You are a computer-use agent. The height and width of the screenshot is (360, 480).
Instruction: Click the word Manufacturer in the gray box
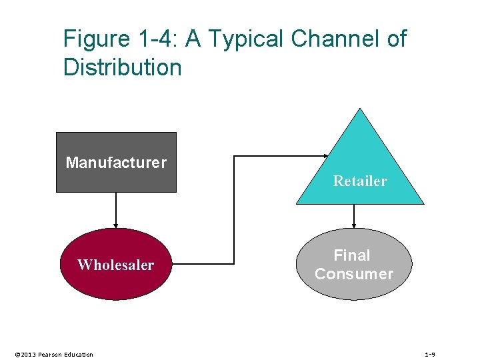pyautogui.click(x=116, y=163)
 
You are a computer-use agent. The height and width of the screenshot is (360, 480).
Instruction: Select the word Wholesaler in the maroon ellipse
pyautogui.click(x=115, y=265)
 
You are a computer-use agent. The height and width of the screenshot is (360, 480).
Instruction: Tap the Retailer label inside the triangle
pyautogui.click(x=360, y=181)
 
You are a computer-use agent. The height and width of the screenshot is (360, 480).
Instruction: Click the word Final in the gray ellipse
pyautogui.click(x=352, y=255)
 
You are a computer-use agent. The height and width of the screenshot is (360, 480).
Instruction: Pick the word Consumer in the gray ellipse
pyautogui.click(x=354, y=274)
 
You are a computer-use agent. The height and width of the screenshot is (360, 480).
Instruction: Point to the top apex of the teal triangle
pyautogui.click(x=360, y=109)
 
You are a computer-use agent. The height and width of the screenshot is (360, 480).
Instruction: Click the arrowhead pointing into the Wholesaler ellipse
pyautogui.click(x=116, y=225)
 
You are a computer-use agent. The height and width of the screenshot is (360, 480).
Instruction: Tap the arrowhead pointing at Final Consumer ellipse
pyautogui.click(x=354, y=225)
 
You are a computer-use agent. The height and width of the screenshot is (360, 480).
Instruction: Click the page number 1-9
pyautogui.click(x=430, y=354)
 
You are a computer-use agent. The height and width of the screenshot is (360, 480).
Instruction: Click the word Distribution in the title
pyautogui.click(x=122, y=67)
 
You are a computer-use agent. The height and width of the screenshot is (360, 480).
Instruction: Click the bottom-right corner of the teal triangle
pyautogui.click(x=423, y=203)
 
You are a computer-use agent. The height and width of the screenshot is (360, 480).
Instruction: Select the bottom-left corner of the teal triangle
pyautogui.click(x=297, y=203)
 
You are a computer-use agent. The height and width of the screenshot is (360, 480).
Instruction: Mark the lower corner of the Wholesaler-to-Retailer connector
pyautogui.click(x=234, y=264)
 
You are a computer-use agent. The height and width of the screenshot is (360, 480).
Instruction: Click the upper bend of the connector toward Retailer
pyautogui.click(x=234, y=157)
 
